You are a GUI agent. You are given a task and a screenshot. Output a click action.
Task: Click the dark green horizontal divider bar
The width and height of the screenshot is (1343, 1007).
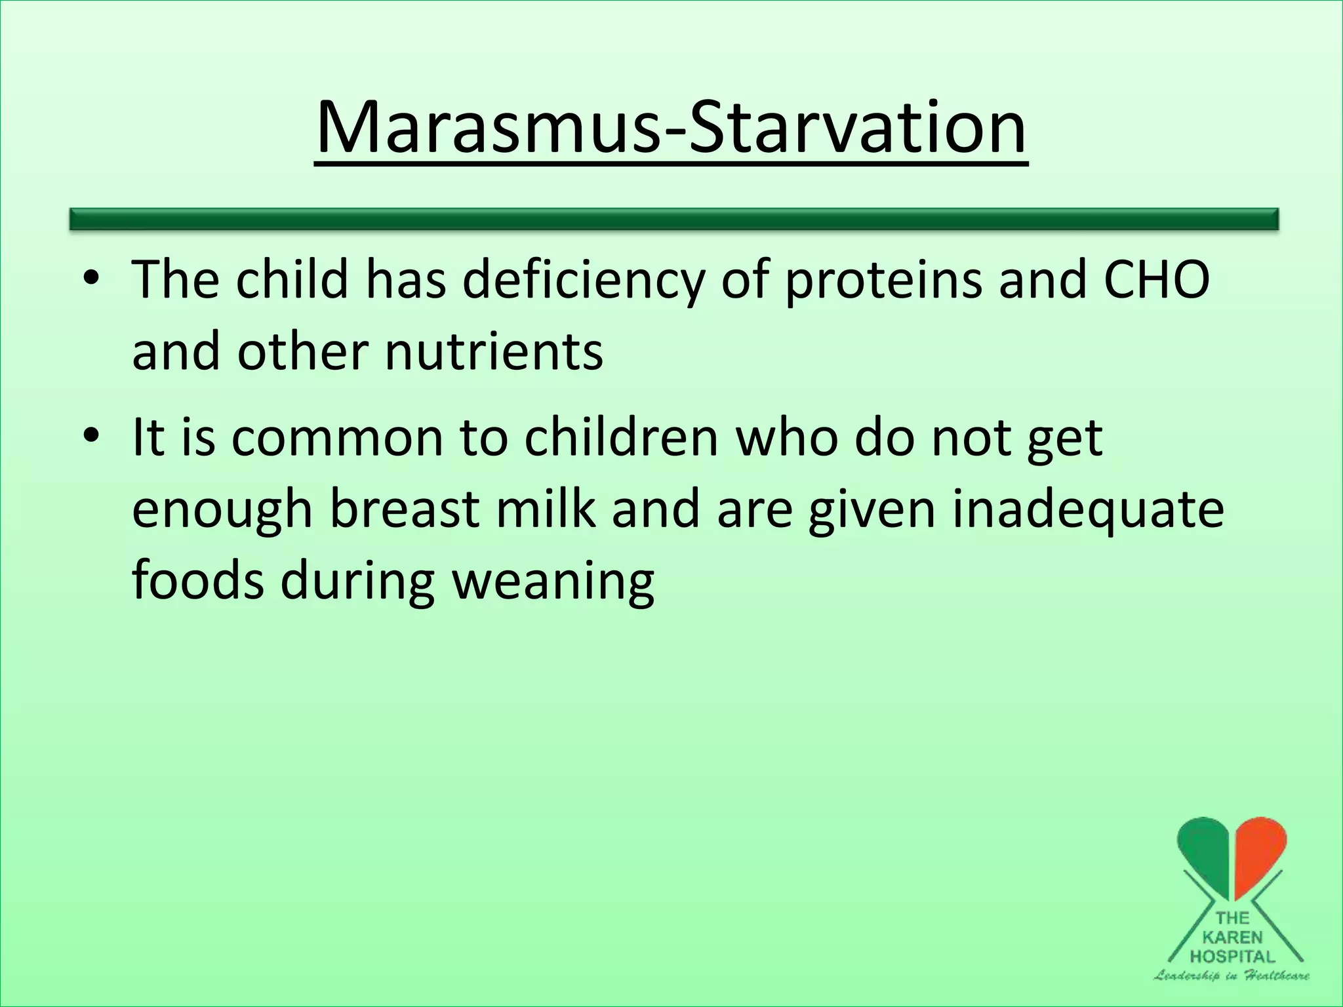coord(674,219)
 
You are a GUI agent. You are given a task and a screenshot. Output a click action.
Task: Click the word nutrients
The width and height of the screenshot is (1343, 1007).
coord(493,351)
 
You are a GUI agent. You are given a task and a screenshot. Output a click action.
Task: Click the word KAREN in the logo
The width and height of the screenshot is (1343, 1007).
coord(1232,938)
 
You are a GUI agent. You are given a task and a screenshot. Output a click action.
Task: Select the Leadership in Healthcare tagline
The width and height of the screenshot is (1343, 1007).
coord(1232,976)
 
